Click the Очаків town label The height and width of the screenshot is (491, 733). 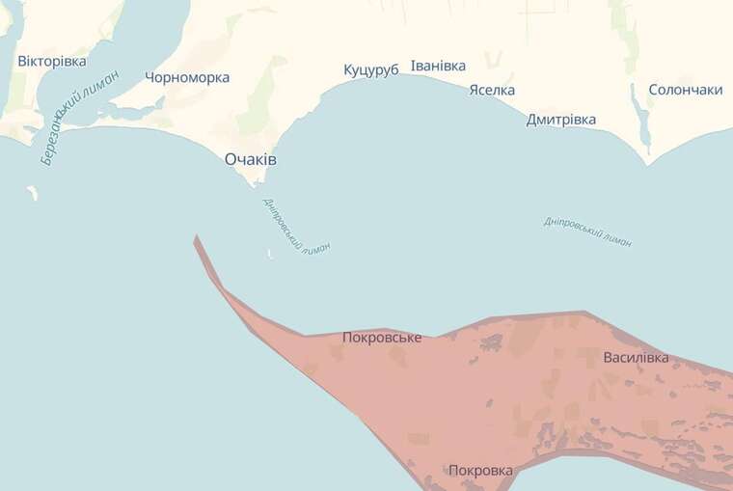[x=251, y=159]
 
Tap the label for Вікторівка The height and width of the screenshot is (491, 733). [x=52, y=61]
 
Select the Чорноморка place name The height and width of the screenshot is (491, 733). [x=186, y=77]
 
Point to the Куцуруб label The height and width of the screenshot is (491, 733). [x=371, y=70]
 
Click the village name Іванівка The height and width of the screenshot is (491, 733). [x=438, y=66]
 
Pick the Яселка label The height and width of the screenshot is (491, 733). [x=492, y=90]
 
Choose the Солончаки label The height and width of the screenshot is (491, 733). [x=686, y=89]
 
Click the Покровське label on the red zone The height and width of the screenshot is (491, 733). [x=382, y=338]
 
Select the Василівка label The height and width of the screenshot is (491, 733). [x=636, y=358]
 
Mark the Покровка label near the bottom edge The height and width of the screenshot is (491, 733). [x=480, y=471]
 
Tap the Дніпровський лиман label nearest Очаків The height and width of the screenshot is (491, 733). [x=296, y=225]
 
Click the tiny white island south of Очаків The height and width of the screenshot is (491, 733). [x=269, y=256]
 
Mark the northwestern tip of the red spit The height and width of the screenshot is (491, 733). [x=196, y=236]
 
